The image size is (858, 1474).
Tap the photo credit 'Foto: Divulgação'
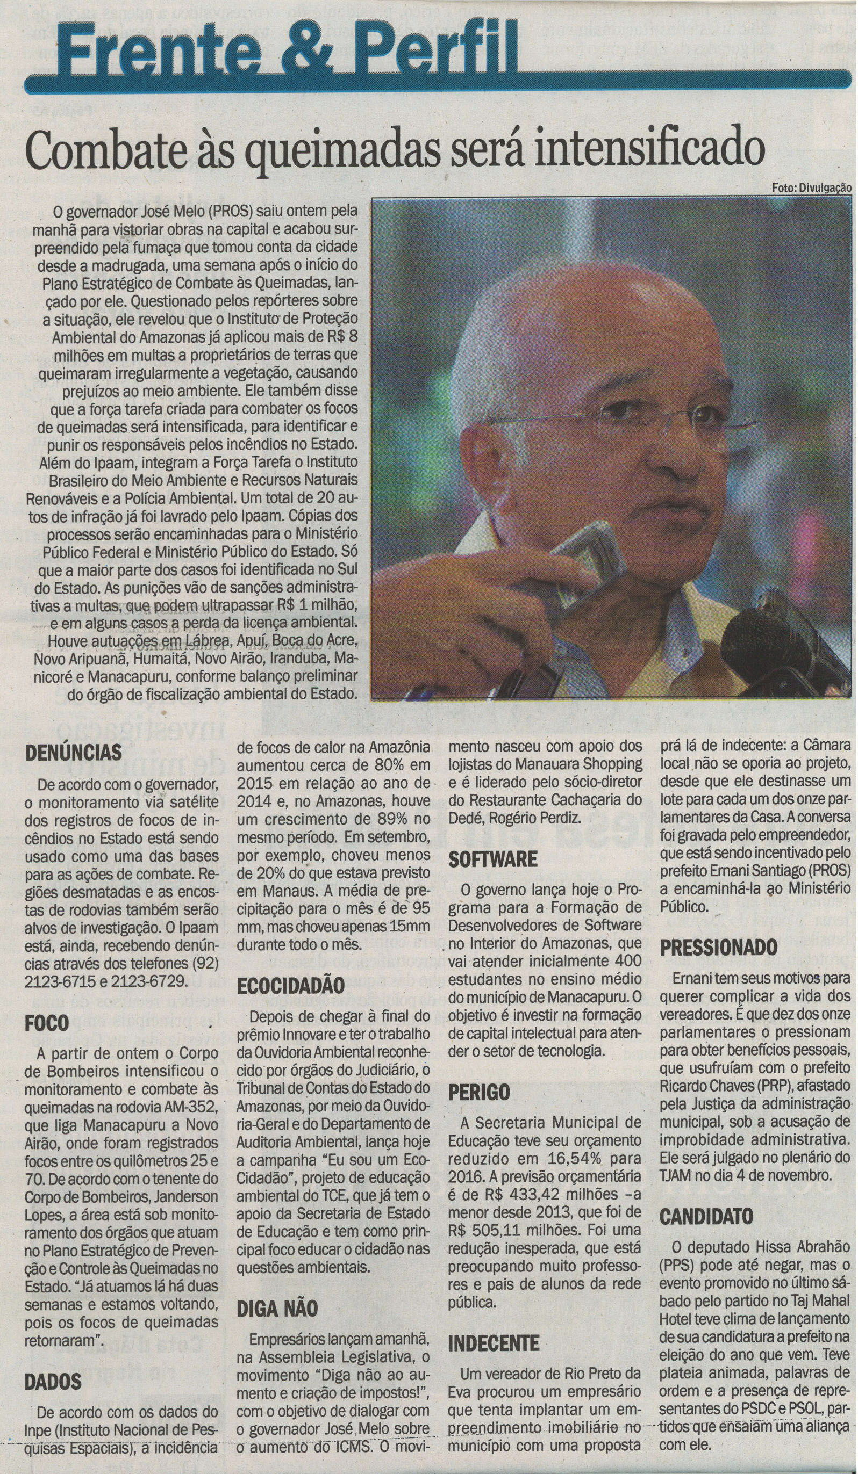(811, 189)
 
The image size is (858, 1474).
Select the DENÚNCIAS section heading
(73, 753)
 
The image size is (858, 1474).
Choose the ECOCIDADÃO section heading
(290, 986)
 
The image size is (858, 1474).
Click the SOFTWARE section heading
(493, 859)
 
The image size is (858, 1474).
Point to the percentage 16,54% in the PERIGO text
(539, 1159)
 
